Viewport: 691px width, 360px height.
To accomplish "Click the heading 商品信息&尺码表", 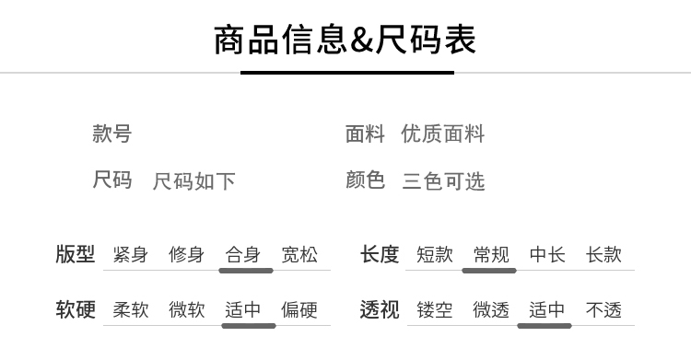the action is (x=345, y=40).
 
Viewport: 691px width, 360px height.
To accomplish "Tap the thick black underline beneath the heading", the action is (x=347, y=73).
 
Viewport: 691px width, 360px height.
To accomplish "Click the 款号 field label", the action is (x=111, y=134).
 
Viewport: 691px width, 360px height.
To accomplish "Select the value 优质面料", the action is (x=443, y=134).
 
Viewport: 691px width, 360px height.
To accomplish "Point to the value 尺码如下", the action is (x=193, y=181).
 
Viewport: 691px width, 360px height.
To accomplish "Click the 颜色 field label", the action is (x=366, y=180).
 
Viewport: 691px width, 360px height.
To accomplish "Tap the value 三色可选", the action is (x=443, y=181).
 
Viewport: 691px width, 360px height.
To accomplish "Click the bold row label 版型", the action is (x=76, y=254).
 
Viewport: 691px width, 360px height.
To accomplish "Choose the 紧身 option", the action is (x=131, y=255).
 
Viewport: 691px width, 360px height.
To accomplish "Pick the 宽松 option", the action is (x=299, y=255).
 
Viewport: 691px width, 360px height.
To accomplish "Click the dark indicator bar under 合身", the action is (x=246, y=271).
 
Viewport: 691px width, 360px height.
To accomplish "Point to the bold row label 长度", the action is (x=380, y=254).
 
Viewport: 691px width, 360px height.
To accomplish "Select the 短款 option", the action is (x=435, y=255).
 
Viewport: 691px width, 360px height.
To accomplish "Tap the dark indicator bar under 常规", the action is (x=489, y=271).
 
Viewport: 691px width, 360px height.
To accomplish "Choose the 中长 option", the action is (x=547, y=255).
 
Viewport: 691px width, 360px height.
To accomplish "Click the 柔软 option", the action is (x=131, y=309).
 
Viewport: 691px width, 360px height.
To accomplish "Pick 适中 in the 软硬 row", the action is (x=243, y=309).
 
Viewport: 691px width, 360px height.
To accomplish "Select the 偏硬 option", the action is (x=299, y=309).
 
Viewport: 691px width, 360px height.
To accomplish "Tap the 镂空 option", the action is (x=435, y=309).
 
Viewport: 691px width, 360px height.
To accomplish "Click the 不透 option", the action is (x=603, y=309).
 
